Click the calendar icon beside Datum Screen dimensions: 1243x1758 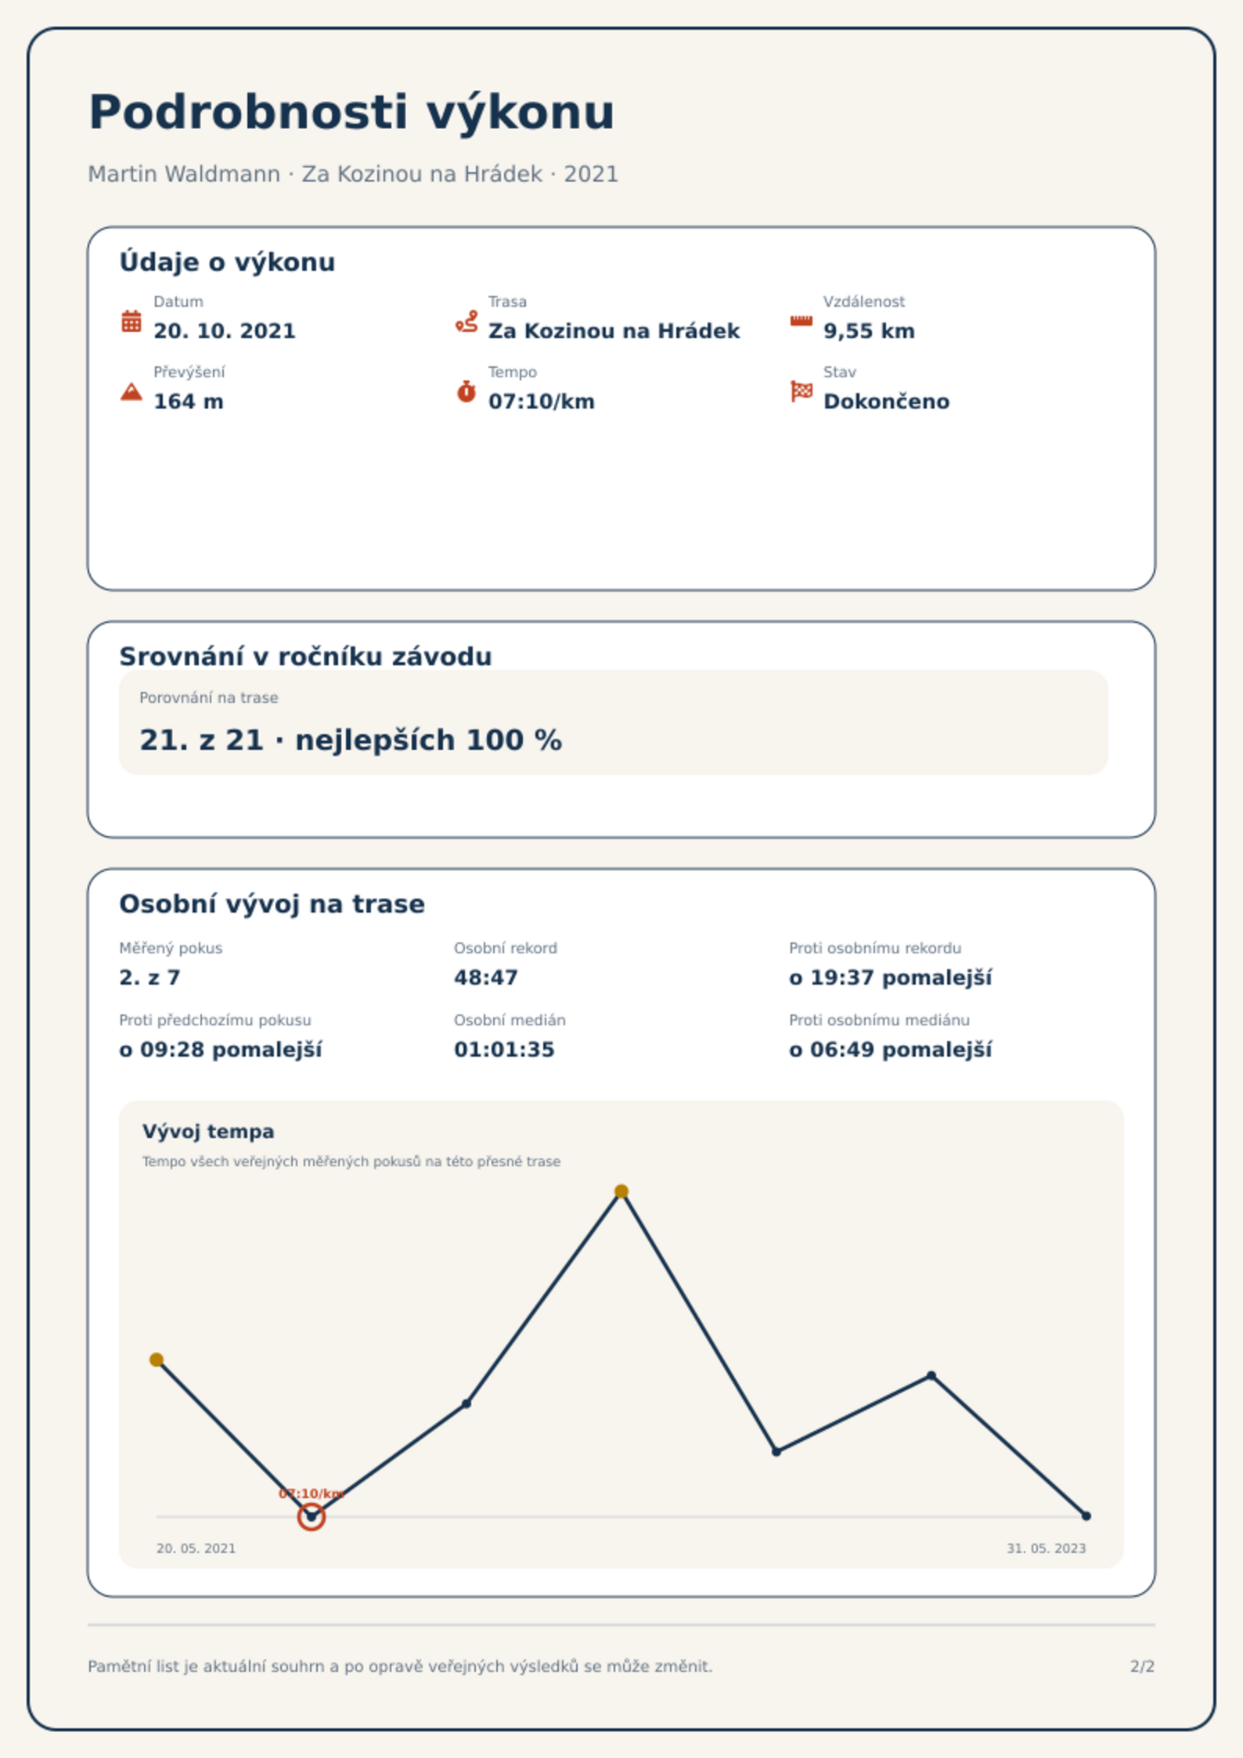[x=132, y=321]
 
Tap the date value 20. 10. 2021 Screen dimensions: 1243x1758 [x=225, y=331]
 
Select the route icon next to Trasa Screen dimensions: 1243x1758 [x=467, y=321]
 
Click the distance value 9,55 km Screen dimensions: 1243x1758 [x=869, y=331]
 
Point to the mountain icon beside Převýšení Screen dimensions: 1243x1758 [x=132, y=391]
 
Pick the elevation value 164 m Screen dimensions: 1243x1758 [x=189, y=402]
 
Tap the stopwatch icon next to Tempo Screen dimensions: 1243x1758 [x=467, y=391]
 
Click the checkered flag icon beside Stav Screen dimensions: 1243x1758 [x=802, y=391]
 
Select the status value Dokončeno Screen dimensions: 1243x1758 [x=886, y=402]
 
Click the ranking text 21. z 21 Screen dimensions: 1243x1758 [x=201, y=740]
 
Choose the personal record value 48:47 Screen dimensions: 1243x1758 [x=486, y=978]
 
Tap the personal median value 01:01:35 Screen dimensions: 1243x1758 [x=504, y=1050]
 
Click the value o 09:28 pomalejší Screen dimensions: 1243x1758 [x=221, y=1050]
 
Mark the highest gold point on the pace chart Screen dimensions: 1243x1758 [x=621, y=1191]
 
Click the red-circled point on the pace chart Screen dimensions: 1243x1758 [x=312, y=1517]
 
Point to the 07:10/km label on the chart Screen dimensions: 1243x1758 [x=312, y=1493]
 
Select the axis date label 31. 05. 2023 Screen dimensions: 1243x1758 [x=1047, y=1548]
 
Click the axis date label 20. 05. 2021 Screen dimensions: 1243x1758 [x=196, y=1548]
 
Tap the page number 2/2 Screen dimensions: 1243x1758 [x=1142, y=1666]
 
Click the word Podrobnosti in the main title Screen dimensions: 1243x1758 [x=249, y=112]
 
